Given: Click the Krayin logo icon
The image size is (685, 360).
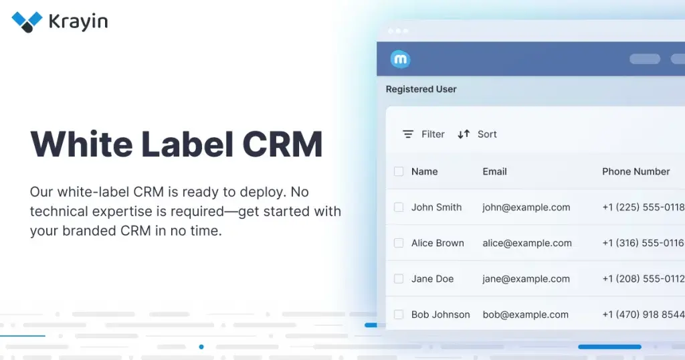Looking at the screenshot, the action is pyautogui.click(x=27, y=22).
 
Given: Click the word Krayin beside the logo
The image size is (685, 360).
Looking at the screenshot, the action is pyautogui.click(x=78, y=22).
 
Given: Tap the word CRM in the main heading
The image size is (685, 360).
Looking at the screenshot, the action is pyautogui.click(x=283, y=144).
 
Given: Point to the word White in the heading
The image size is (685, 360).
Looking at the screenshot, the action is pyautogui.click(x=81, y=144).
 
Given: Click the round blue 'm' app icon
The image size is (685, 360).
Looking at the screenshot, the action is pyautogui.click(x=400, y=59).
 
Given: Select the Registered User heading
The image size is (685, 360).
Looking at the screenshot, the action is pyautogui.click(x=421, y=89).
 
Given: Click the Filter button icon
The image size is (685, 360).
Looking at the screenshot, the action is pyautogui.click(x=408, y=134).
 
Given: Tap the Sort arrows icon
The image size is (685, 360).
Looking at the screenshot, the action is pyautogui.click(x=464, y=134).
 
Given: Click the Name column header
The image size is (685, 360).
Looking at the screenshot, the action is pyautogui.click(x=425, y=172).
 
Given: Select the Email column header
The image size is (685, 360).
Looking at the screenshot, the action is pyautogui.click(x=494, y=172).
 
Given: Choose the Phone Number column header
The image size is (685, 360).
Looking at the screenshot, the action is pyautogui.click(x=636, y=172).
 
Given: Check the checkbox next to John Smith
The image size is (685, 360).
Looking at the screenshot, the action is pyautogui.click(x=399, y=207).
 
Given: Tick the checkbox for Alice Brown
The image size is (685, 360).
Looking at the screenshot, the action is pyautogui.click(x=399, y=243).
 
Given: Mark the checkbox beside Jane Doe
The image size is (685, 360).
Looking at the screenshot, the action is pyautogui.click(x=399, y=279).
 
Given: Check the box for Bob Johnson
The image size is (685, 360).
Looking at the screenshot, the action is pyautogui.click(x=399, y=314).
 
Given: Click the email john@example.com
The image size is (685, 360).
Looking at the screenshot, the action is pyautogui.click(x=526, y=207).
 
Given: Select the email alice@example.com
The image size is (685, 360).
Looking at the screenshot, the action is pyautogui.click(x=527, y=244).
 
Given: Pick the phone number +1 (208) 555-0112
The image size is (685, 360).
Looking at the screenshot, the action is pyautogui.click(x=644, y=279).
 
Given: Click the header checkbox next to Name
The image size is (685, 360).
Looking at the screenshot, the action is pyautogui.click(x=399, y=172).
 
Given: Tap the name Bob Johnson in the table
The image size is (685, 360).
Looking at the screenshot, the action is pyautogui.click(x=441, y=314).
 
